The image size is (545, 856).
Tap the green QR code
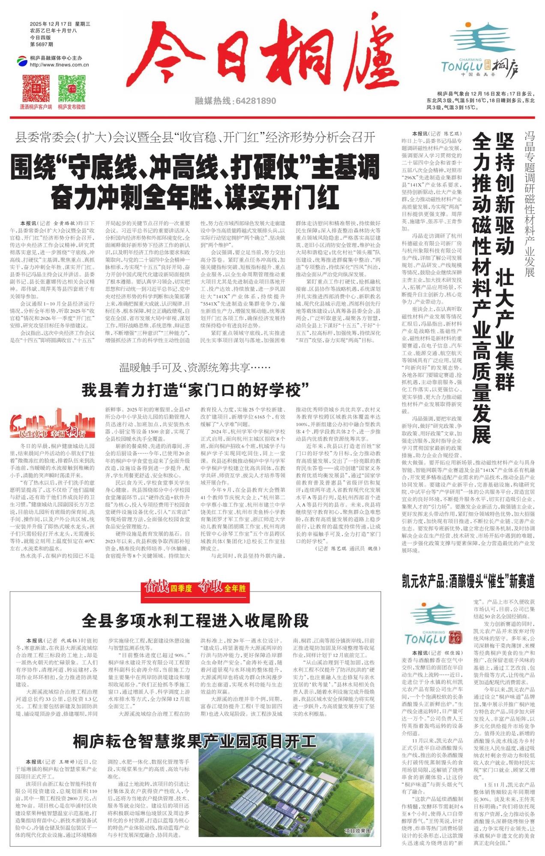point(72,89)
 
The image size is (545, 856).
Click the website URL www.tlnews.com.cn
point(59,65)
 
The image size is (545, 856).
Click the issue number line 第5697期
point(42,44)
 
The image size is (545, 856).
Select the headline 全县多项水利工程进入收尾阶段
point(195,620)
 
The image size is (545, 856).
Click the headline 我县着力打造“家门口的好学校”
point(195,390)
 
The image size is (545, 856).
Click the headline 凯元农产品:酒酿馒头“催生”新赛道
point(468,581)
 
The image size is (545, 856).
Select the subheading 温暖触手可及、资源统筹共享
point(195,367)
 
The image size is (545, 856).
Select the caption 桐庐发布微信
point(72,107)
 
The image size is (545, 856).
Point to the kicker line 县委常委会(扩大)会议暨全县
point(195,137)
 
